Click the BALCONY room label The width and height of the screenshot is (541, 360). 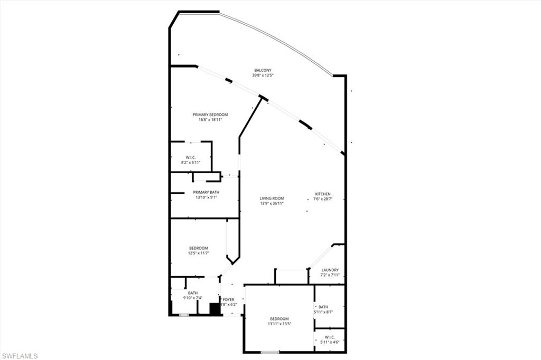(263, 70)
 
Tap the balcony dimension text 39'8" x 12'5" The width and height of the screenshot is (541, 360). (263, 75)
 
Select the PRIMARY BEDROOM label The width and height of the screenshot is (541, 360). (210, 115)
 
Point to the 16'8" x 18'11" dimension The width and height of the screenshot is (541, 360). (210, 120)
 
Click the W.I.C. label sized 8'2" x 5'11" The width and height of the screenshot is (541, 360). (191, 157)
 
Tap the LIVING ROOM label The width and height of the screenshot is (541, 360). (272, 198)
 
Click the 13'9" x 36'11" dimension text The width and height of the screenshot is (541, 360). (272, 204)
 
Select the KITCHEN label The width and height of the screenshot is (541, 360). (323, 194)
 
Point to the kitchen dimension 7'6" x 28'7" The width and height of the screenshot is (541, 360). (323, 199)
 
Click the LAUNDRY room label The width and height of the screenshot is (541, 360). (330, 270)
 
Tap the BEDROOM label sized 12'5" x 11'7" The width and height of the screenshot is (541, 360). (199, 248)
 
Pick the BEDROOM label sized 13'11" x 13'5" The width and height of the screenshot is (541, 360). (279, 319)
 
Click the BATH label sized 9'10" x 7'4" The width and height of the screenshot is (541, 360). (192, 293)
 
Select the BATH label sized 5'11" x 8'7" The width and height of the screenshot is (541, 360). (322, 307)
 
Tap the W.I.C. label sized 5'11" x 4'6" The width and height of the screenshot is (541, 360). (330, 337)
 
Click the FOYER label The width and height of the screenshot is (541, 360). (228, 299)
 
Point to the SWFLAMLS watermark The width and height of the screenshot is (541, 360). (20, 355)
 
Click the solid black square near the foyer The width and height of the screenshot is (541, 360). (214, 309)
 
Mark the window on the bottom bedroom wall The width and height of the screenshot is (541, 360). (270, 352)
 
